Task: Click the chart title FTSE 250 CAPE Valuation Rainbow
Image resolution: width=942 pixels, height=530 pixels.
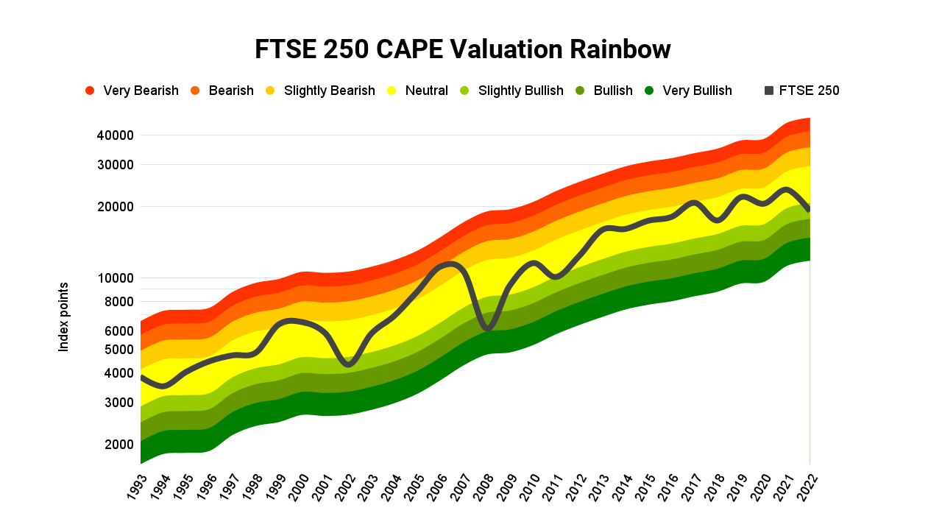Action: coord(463,49)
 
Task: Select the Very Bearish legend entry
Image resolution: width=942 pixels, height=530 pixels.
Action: coord(132,91)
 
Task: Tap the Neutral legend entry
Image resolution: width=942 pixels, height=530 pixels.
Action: coord(418,91)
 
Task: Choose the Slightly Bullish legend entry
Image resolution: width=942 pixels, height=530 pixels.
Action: coord(511,91)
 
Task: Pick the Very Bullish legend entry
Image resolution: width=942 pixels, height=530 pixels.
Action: coord(688,91)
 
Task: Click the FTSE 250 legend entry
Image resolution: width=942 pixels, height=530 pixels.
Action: coord(801,91)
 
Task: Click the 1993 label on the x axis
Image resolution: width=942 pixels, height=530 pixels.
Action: coord(136,487)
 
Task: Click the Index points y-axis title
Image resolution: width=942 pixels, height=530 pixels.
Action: coord(64,317)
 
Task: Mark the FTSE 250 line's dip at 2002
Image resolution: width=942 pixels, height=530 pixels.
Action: coord(349,363)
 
